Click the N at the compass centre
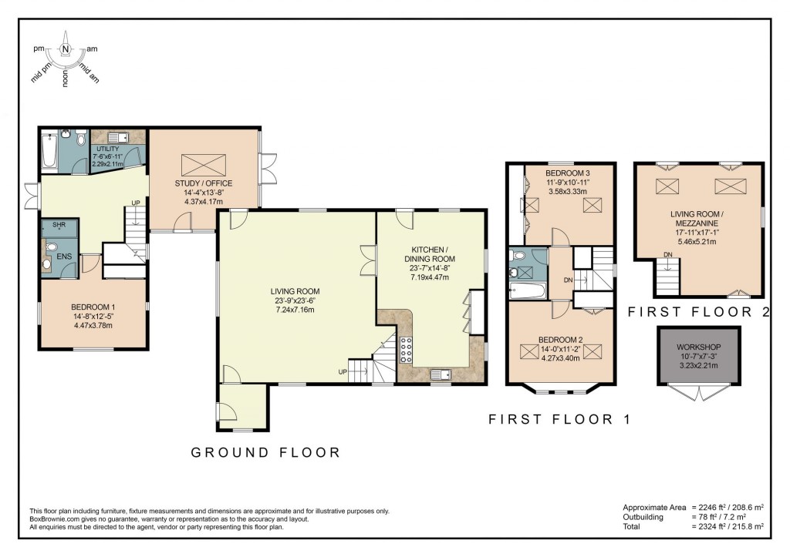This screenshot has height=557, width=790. [x=66, y=50]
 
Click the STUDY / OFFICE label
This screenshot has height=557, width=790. [x=204, y=183]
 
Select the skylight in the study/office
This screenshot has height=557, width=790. [x=204, y=164]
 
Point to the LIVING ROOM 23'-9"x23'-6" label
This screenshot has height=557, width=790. [x=295, y=290]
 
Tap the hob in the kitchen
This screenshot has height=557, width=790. [x=405, y=352]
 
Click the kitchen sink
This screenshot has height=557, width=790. [x=441, y=375]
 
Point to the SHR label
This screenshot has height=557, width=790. [x=59, y=225]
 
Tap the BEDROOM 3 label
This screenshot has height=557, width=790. [x=567, y=173]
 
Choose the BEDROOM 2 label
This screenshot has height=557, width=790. [x=561, y=339]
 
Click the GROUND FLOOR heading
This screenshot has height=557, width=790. [x=265, y=452]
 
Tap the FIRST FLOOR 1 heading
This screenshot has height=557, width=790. [x=559, y=420]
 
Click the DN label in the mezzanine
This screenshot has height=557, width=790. [x=667, y=255]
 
